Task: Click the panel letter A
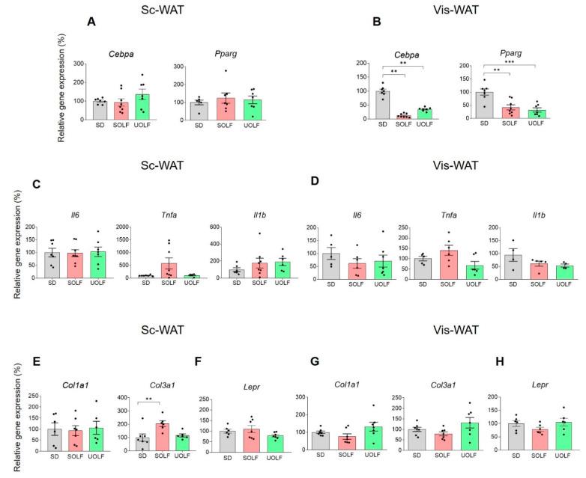tap(91, 22)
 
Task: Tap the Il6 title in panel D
tap(339, 215)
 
